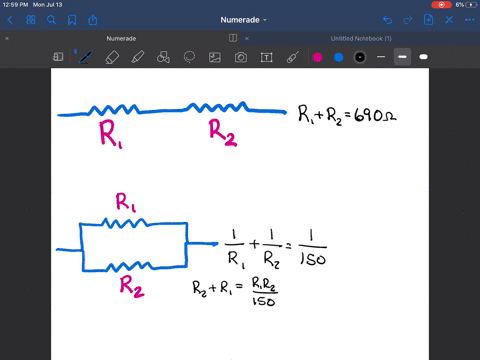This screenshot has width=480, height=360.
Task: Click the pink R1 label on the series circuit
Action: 110,134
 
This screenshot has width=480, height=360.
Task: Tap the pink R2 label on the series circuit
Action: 222,132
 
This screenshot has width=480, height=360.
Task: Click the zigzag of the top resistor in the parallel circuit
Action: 130,222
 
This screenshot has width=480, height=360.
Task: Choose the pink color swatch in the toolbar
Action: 317,58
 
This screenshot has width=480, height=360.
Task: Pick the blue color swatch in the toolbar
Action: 338,58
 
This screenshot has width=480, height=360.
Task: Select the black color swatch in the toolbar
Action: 359,58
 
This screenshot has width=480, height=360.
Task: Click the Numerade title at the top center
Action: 239,19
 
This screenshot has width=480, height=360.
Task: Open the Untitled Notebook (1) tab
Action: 361,38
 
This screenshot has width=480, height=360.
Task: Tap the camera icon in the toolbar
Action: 241,58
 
